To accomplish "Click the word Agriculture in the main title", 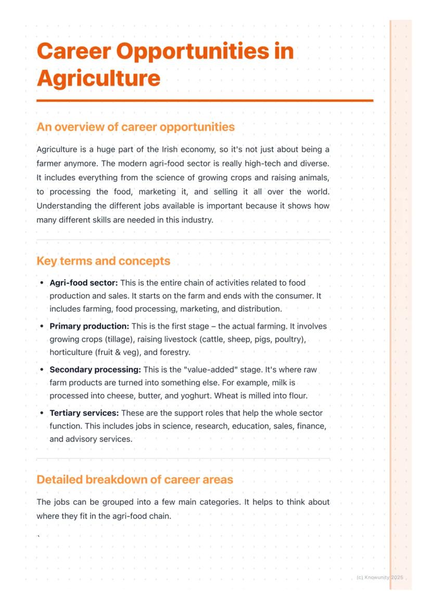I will click(98, 79).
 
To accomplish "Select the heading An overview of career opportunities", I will click(135, 127).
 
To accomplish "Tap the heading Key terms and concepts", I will click(103, 261).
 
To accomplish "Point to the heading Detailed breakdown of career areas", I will click(135, 480).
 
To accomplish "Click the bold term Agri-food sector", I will click(84, 283).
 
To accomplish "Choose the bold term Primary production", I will click(89, 327).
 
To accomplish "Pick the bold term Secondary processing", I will click(95, 370).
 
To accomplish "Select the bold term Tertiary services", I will click(84, 413).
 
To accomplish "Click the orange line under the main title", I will click(205, 100).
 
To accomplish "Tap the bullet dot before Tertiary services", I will click(42, 413).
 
